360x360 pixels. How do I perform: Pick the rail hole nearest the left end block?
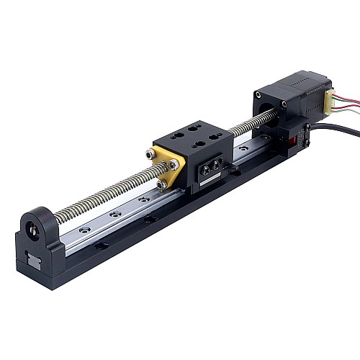pyautogui.click(x=86, y=230)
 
